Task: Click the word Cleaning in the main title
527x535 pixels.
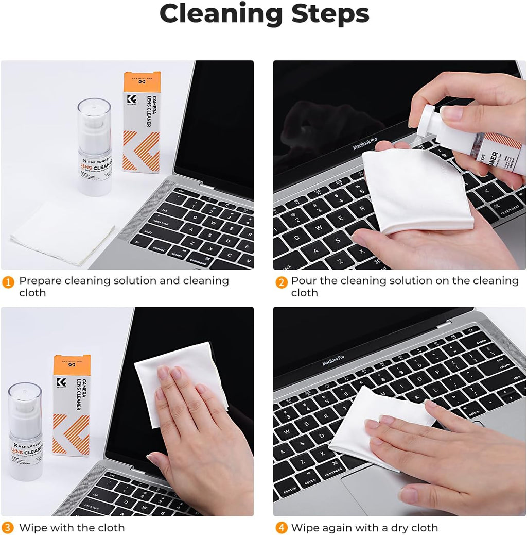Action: (221, 14)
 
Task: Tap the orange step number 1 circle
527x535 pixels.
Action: (8, 282)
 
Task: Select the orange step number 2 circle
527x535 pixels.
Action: (280, 282)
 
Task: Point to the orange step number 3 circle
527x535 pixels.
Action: (8, 528)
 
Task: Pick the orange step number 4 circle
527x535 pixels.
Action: (280, 528)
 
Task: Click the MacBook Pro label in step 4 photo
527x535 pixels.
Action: (333, 360)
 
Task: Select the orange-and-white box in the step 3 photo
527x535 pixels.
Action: (71, 405)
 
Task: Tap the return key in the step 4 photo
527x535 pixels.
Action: (504, 366)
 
